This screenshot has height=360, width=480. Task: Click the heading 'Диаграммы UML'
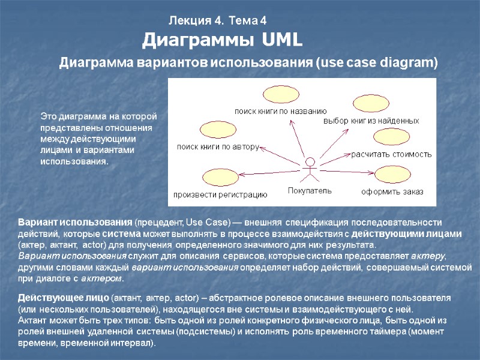pos(223,41)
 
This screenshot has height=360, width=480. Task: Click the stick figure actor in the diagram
pos(309,169)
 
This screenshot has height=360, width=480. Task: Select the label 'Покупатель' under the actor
pos(309,191)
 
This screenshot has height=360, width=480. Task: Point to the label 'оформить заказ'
pos(392,192)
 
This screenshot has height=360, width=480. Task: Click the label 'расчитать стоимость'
pos(391,154)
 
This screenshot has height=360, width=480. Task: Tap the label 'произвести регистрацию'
pos(220,194)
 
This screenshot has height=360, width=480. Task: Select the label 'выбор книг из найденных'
pos(371,121)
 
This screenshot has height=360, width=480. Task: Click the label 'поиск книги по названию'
pos(280,111)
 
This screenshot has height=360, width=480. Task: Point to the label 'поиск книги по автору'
pos(217,146)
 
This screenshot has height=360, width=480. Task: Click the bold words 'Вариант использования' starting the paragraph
pos(74,221)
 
